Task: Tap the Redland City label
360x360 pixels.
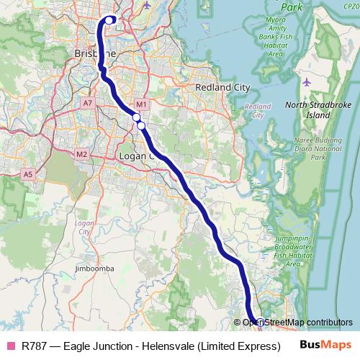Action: coord(222,87)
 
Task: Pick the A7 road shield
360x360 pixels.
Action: coord(88,104)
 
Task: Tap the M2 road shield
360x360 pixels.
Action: coord(81,154)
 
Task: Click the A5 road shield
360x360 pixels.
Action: coord(28,174)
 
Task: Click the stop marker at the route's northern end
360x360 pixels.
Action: coord(109,20)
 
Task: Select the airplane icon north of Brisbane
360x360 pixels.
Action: coord(148,5)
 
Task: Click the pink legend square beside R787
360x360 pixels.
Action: coord(9,346)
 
